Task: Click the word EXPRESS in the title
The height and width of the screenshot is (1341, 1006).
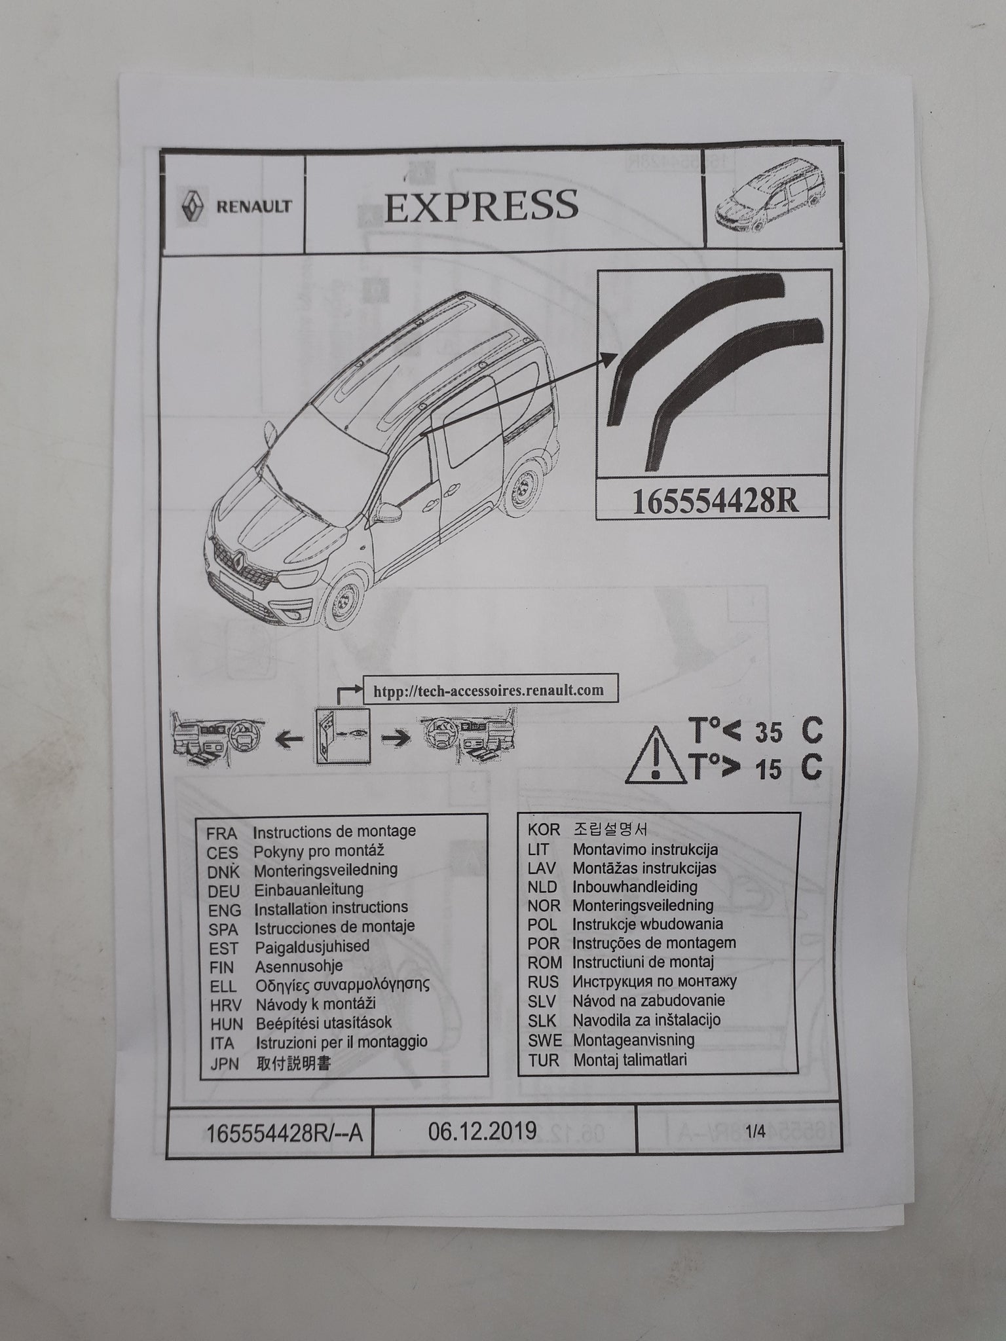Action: (x=481, y=205)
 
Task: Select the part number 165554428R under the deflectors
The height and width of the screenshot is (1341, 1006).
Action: (x=715, y=503)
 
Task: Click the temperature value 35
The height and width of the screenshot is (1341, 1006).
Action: (x=768, y=733)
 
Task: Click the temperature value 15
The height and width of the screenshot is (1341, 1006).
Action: (x=768, y=770)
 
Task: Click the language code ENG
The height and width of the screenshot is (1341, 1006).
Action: (x=225, y=910)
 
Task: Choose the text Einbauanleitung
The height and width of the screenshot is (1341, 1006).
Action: (x=308, y=889)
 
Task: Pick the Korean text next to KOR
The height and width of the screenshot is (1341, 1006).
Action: (x=610, y=830)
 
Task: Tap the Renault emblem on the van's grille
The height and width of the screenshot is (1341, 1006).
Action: (x=240, y=557)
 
